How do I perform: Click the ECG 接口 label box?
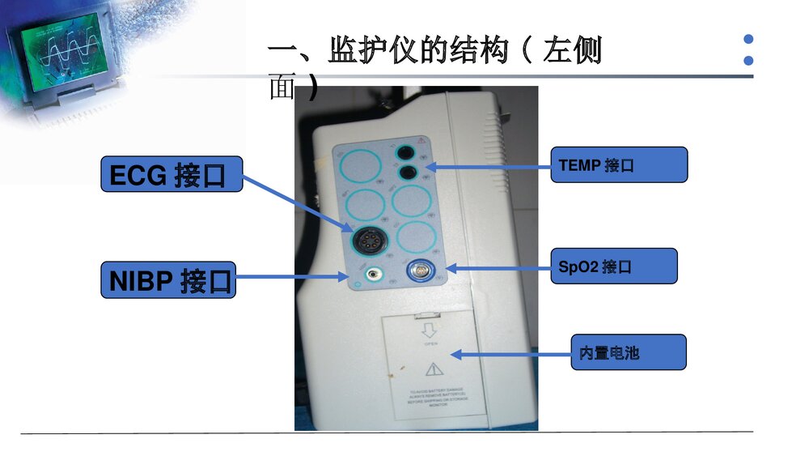click(172, 174)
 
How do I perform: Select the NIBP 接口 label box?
click(168, 279)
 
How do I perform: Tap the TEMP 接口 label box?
click(618, 164)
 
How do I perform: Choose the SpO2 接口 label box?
click(616, 266)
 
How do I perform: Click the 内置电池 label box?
click(628, 352)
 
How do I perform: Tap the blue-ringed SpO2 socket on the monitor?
click(423, 269)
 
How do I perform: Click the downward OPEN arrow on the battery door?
click(430, 330)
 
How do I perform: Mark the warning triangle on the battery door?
click(434, 369)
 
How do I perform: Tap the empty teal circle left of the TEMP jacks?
click(360, 166)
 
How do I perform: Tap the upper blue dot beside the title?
click(748, 39)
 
